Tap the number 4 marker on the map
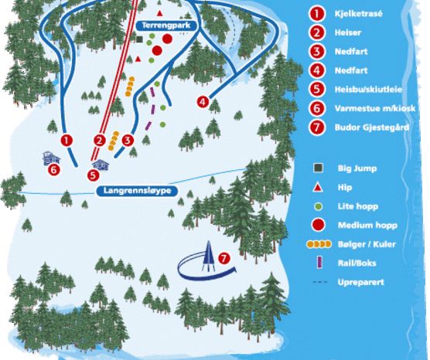coord(203,101)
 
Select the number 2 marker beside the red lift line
coord(99,140)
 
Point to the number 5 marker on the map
coord(94,175)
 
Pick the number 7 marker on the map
coord(224,258)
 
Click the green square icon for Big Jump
coord(316,168)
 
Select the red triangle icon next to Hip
coord(316,187)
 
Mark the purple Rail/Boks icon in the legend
coord(316,263)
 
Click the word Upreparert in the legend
coord(360,282)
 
